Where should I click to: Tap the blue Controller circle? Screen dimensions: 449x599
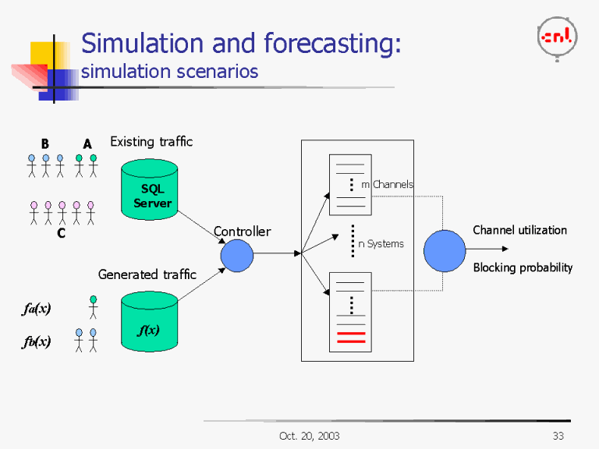coord(237,254)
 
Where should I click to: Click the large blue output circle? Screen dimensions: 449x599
coord(445,251)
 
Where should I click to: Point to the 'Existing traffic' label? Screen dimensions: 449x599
coord(151,142)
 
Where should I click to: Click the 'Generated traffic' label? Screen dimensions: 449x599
coord(147,274)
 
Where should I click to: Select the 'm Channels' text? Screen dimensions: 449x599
coord(387,185)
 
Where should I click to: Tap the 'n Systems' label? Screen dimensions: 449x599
coord(381,244)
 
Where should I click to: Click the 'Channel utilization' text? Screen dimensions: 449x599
coord(519,230)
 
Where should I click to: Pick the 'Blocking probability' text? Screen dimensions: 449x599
coord(523,267)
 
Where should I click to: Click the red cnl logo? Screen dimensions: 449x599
coord(557,35)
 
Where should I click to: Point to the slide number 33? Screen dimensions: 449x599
coord(558,436)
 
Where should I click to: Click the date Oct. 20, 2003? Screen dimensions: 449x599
coord(309,436)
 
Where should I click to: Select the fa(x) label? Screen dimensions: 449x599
coord(36,309)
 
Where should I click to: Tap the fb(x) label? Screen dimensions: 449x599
coord(36,341)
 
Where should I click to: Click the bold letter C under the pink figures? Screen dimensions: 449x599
coord(61,232)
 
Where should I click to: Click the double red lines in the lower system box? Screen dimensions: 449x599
coord(350,337)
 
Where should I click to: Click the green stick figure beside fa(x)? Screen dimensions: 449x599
coord(94,307)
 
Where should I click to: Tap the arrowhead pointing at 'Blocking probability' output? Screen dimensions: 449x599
coord(505,249)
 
